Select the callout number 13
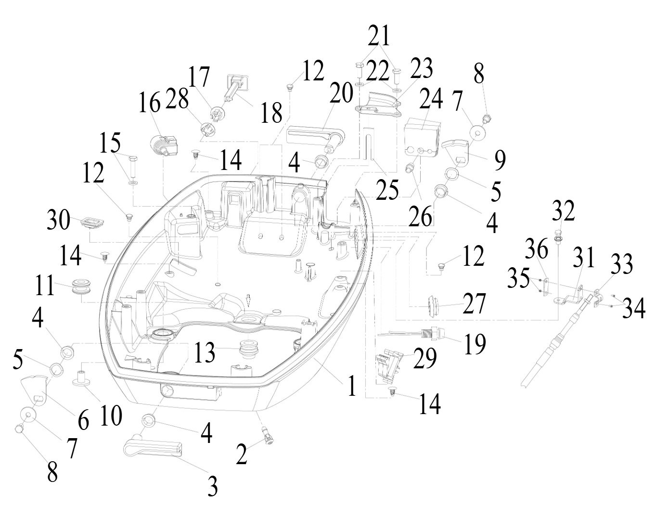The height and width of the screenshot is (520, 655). (x=204, y=352)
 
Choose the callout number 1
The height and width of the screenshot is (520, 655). (x=351, y=386)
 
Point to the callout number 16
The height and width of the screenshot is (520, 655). (x=150, y=103)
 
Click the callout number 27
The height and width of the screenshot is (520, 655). (x=474, y=303)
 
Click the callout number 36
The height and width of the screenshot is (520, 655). (x=537, y=249)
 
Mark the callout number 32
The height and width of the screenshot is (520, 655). (x=564, y=210)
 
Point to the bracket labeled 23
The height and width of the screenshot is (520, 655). (x=378, y=105)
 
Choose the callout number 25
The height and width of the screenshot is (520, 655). (x=387, y=190)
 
